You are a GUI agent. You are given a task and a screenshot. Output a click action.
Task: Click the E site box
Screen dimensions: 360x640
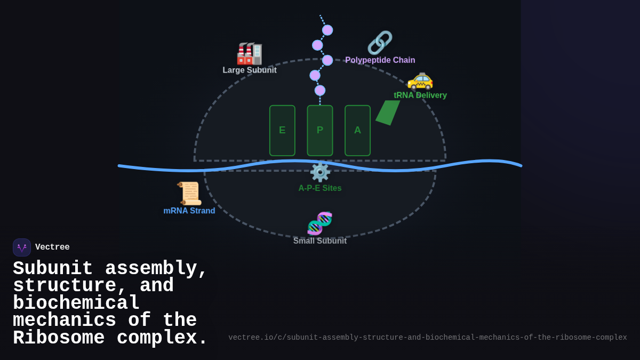(282, 130)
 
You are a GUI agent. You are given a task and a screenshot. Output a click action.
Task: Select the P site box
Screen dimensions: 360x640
(320, 130)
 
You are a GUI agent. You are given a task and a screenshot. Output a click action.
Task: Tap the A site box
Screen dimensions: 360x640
(357, 130)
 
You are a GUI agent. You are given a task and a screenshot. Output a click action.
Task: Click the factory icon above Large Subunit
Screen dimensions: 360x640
(250, 54)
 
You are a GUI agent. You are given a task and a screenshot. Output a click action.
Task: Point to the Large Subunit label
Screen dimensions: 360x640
(250, 70)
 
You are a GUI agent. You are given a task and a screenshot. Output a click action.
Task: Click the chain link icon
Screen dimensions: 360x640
(380, 43)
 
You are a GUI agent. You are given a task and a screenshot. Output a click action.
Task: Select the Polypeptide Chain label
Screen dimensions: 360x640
(380, 60)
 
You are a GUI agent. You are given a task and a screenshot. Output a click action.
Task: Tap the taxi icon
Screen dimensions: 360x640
(420, 80)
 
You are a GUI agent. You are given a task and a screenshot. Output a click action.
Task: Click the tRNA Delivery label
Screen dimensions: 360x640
(420, 95)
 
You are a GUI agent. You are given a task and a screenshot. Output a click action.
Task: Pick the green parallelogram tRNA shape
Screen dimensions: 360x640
(388, 112)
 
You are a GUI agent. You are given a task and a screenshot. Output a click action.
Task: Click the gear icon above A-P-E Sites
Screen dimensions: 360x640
(320, 172)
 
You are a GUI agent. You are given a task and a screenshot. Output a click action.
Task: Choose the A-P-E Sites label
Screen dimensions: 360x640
(320, 188)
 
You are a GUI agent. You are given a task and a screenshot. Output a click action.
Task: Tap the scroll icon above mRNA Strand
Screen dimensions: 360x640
(189, 193)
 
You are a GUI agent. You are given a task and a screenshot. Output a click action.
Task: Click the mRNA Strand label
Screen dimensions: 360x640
(189, 211)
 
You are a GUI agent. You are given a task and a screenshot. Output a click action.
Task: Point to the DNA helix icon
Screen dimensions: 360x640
(320, 223)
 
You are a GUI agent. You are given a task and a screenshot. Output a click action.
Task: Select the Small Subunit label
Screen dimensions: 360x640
(320, 241)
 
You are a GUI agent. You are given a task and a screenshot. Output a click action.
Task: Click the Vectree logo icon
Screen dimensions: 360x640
(22, 247)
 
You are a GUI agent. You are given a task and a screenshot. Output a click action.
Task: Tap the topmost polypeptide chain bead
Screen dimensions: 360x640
(327, 30)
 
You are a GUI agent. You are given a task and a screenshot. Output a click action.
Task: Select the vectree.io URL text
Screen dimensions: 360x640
(427, 338)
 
